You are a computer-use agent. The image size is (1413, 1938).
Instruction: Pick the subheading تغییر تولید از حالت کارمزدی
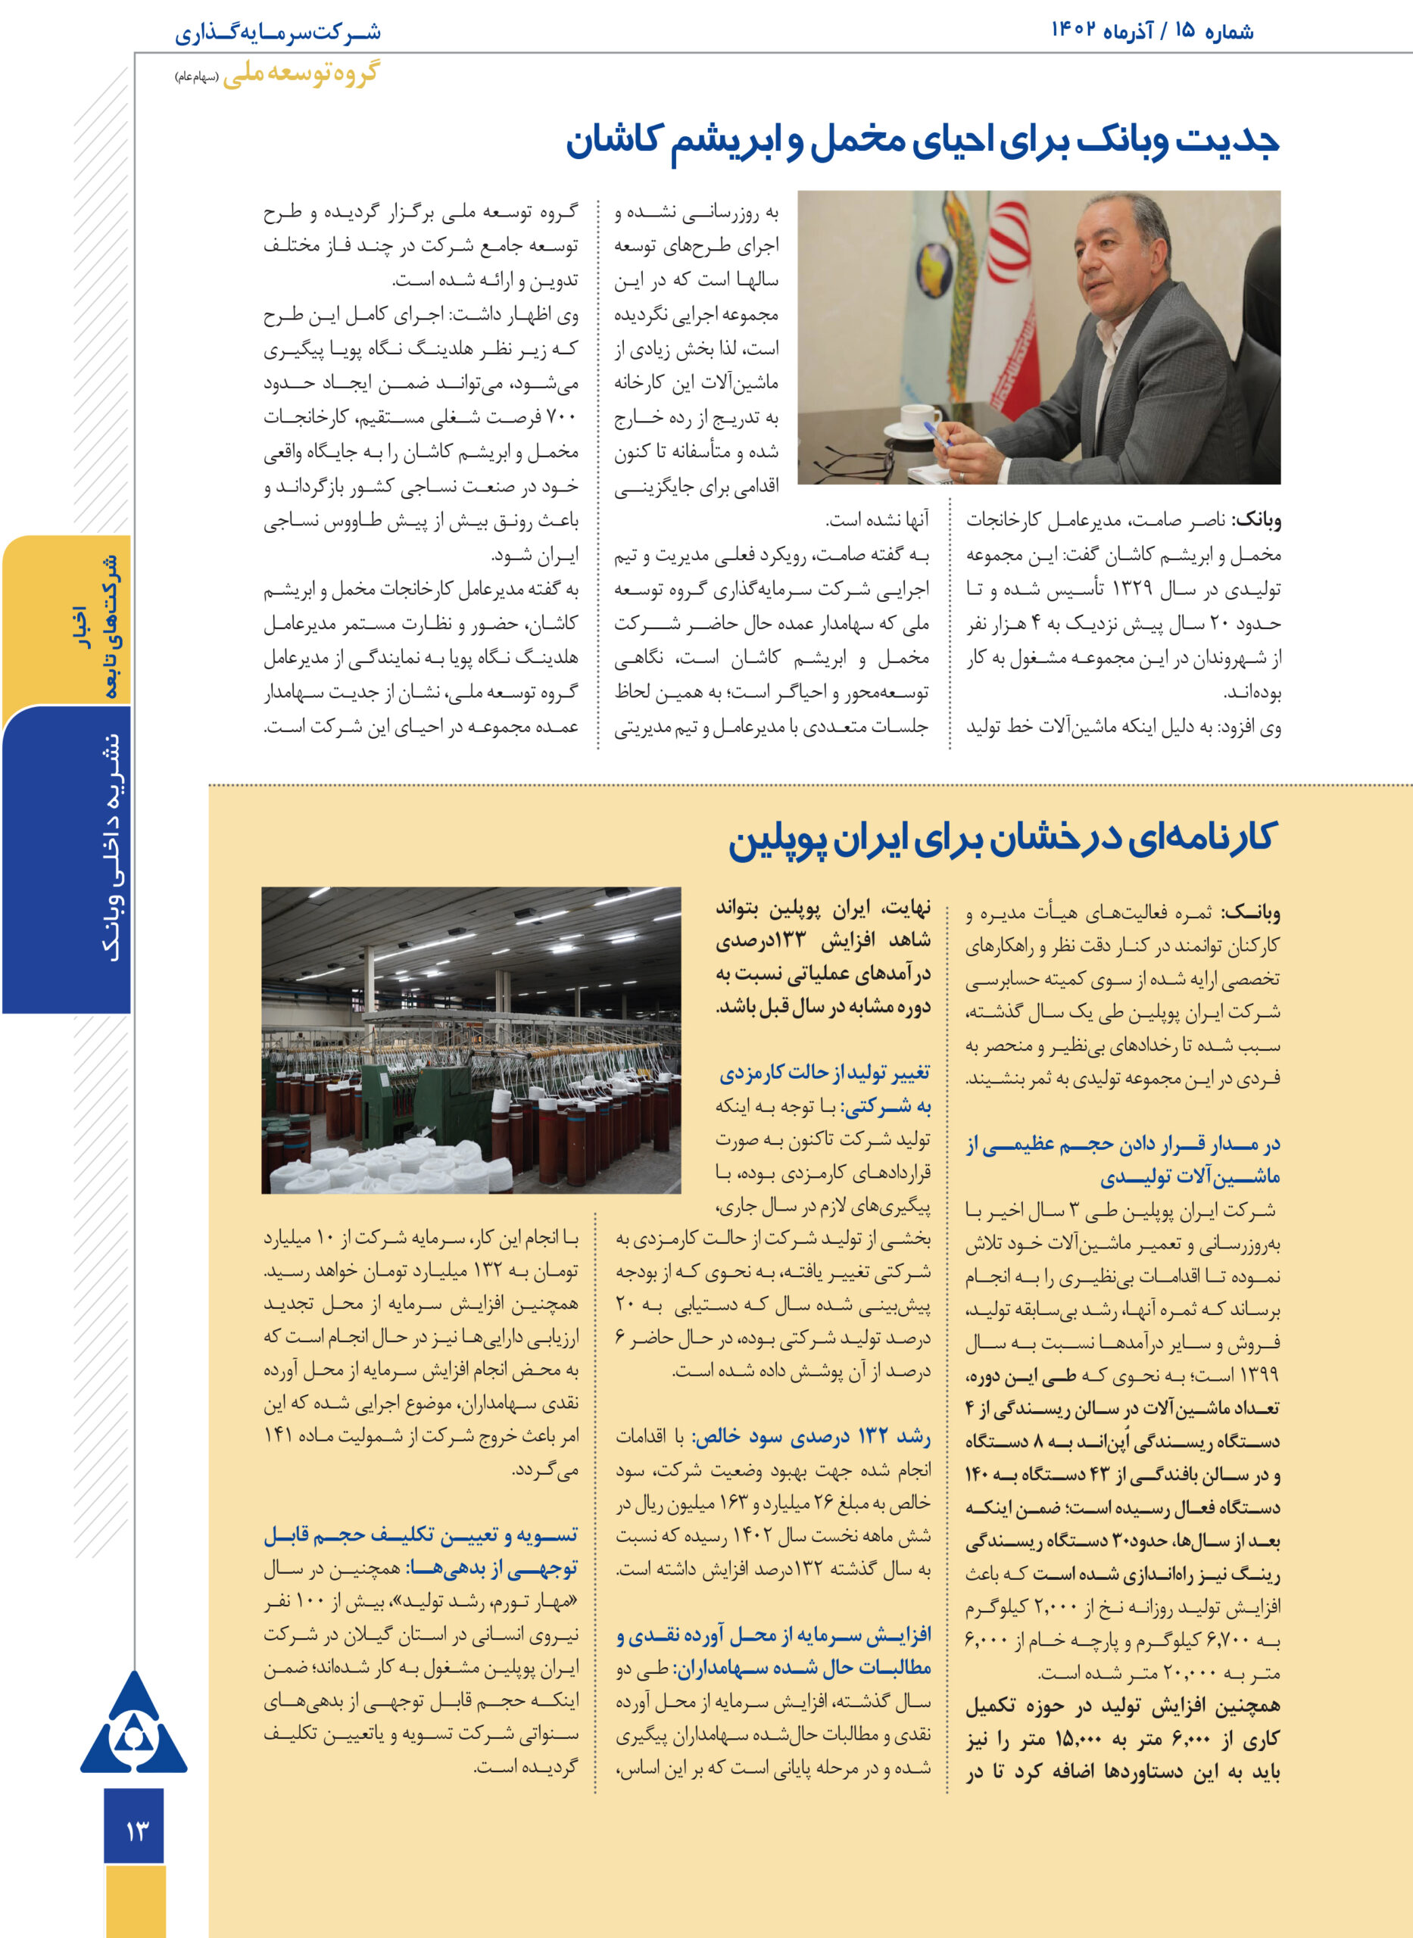pos(825,1073)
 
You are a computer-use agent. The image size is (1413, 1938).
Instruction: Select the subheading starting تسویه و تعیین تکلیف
pos(420,1535)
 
